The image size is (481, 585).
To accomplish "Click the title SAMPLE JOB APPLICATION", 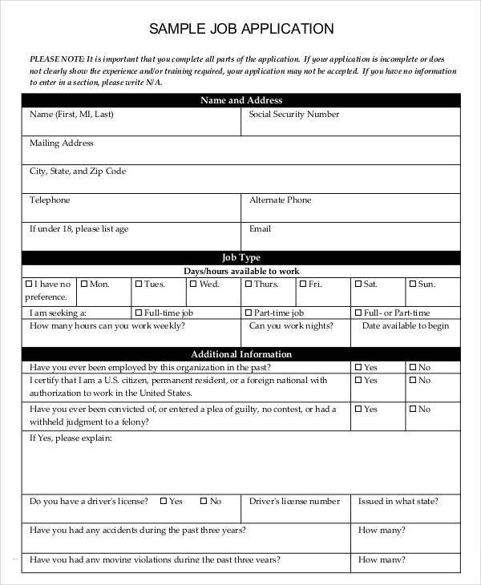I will [241, 29].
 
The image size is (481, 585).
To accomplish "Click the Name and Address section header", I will [240, 100].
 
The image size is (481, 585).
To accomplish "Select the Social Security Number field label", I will [293, 115].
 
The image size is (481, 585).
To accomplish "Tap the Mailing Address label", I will [62, 143].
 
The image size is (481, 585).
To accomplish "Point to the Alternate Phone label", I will [280, 200].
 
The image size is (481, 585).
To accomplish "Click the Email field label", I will [260, 229].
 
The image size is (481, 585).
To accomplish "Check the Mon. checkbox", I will [85, 284].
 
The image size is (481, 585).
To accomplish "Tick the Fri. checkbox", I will [303, 284].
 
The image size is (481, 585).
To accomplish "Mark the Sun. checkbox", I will [413, 284].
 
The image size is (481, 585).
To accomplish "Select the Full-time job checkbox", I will [139, 313].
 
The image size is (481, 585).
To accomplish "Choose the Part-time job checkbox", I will [249, 313].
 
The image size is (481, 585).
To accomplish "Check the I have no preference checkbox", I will [30, 284].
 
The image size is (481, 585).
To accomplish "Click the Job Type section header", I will [240, 257].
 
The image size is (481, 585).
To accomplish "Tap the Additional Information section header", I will [240, 354].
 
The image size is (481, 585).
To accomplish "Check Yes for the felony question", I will [358, 409].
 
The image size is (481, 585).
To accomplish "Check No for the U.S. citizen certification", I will [413, 381].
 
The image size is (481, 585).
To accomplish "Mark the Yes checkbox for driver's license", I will [163, 502].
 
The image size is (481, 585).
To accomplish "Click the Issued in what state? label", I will [398, 502].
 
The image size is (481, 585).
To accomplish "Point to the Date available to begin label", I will [405, 326].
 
